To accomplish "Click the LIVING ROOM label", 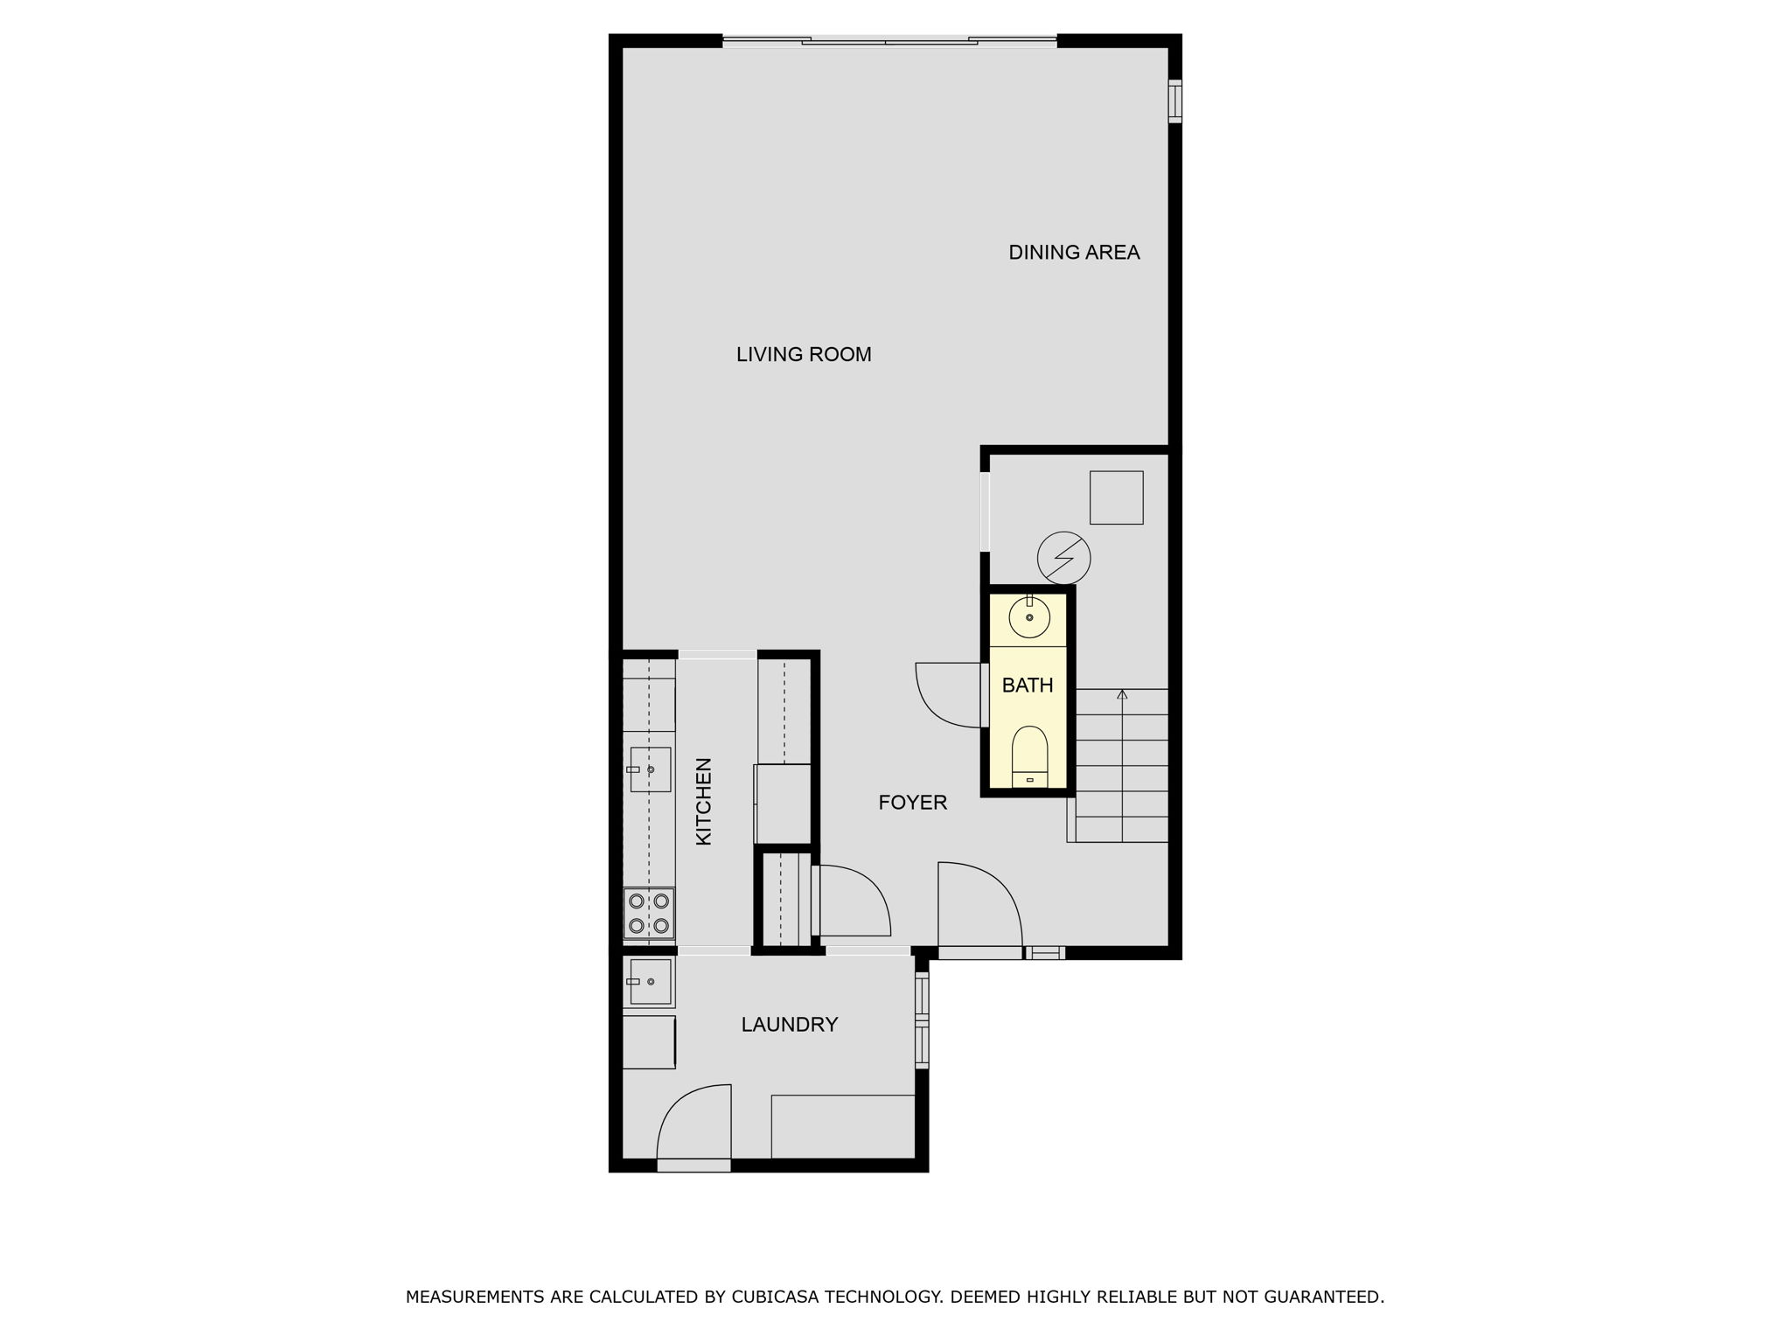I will (x=804, y=354).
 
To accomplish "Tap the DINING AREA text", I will (x=1074, y=253).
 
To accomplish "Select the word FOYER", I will (x=912, y=803).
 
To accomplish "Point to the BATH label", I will (x=1028, y=685).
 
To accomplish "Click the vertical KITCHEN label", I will (x=704, y=801).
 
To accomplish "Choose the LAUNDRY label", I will (x=790, y=1025).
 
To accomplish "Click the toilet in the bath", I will (x=1029, y=756).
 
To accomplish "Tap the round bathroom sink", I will (x=1029, y=617).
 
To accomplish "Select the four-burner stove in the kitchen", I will (x=649, y=913).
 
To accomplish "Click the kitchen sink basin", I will (x=651, y=769).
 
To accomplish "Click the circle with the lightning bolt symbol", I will (x=1063, y=558).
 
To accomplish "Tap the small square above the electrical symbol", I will (x=1116, y=498).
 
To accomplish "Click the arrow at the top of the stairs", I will (x=1122, y=695).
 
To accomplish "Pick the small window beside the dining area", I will (x=1174, y=101).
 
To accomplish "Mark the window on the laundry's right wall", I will (x=921, y=1020).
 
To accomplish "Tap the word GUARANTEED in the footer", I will (x=1328, y=1297).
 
